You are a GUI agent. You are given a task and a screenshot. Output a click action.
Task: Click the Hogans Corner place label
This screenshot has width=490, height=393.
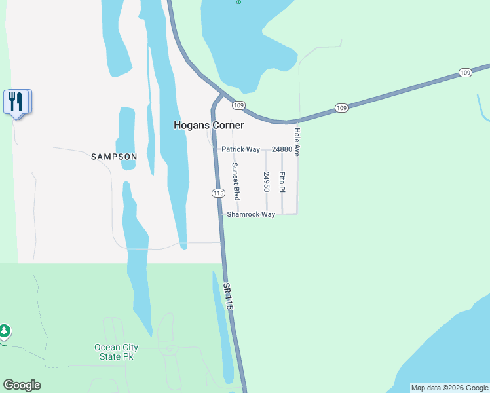(208, 125)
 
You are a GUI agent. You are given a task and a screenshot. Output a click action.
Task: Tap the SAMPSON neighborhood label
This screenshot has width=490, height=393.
(114, 157)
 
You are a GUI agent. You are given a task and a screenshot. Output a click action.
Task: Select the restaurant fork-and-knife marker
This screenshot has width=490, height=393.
(17, 102)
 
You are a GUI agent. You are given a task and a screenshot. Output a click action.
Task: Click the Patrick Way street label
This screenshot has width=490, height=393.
(240, 149)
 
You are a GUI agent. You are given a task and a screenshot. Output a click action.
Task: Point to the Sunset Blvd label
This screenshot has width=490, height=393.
(236, 181)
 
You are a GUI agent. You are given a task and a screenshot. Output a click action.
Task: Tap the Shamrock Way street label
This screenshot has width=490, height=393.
(251, 214)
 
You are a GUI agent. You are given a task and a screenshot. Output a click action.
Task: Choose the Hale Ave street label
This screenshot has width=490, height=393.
(297, 141)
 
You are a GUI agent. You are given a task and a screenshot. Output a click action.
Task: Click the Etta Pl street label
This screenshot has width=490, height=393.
(282, 182)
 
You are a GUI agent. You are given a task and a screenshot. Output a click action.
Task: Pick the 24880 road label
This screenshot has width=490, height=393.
(282, 149)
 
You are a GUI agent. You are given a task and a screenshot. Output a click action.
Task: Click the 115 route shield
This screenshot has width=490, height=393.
(218, 193)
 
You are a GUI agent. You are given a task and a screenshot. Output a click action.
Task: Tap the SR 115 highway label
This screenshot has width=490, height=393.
(228, 297)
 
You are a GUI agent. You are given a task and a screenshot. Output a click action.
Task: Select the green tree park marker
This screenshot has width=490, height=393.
(4, 331)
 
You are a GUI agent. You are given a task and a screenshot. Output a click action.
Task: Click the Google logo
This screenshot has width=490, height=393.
(22, 385)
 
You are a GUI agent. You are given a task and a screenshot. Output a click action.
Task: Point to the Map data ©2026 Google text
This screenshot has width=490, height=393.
(449, 388)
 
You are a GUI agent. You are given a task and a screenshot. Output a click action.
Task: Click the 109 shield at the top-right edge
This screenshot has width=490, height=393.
(464, 72)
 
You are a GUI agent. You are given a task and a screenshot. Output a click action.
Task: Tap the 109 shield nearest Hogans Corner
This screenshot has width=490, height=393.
(238, 105)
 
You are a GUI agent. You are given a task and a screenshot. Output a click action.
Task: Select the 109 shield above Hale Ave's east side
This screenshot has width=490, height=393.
(341, 107)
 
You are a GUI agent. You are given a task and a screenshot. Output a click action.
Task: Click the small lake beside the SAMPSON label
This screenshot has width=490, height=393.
(126, 138)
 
